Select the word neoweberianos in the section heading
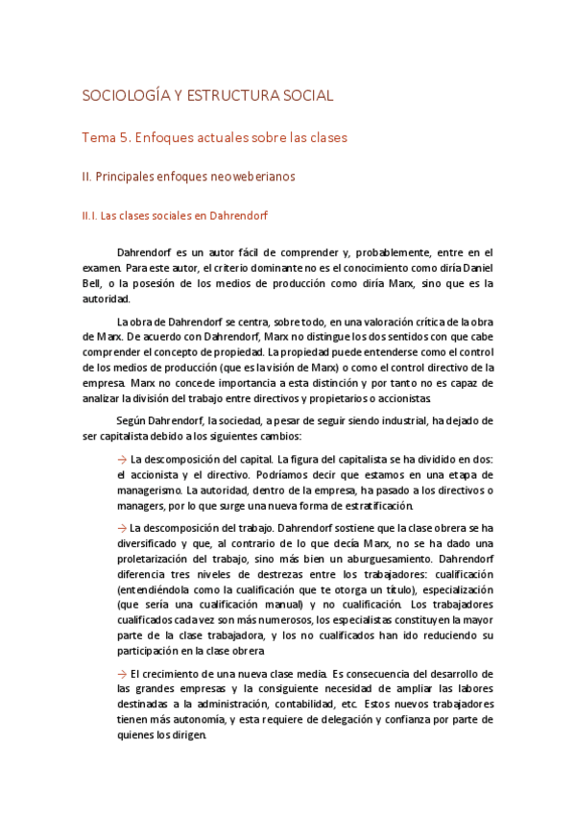click(254, 177)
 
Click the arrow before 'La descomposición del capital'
click(121, 458)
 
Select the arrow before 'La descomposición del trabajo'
click(121, 529)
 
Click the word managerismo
click(149, 491)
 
